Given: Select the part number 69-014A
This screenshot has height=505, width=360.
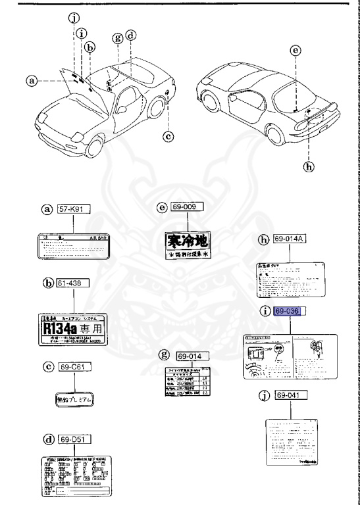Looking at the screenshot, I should click(290, 241).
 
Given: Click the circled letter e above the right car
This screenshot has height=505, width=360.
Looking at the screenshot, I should click(296, 50).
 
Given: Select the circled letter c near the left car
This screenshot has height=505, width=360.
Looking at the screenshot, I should click(168, 136).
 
